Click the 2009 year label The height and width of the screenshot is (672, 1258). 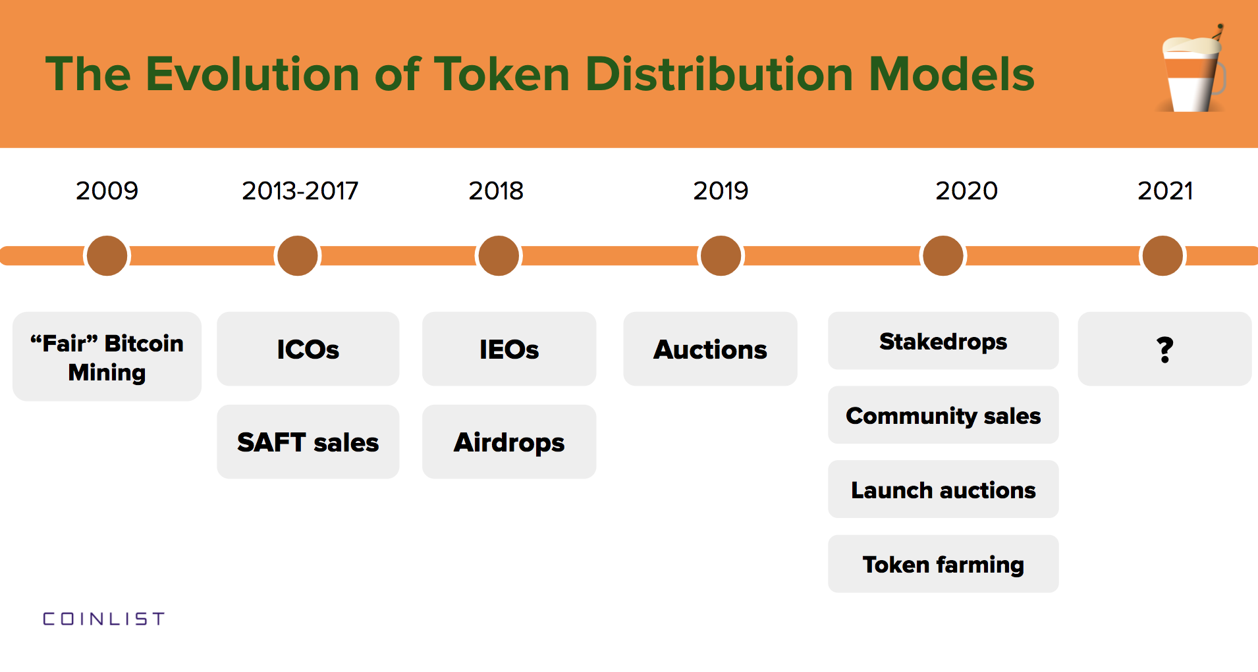pyautogui.click(x=107, y=191)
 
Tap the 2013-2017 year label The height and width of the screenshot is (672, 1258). pyautogui.click(x=300, y=191)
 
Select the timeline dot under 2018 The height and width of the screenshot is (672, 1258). pyautogui.click(x=499, y=256)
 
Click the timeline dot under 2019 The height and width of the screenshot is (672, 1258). pyautogui.click(x=721, y=256)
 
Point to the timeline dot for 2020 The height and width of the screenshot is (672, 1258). pyautogui.click(x=943, y=256)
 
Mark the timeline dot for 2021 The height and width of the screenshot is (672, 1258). pyautogui.click(x=1162, y=256)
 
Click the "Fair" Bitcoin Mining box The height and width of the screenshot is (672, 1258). pyautogui.click(x=107, y=357)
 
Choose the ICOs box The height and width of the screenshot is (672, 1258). pyautogui.click(x=308, y=349)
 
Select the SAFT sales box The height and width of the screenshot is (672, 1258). pyautogui.click(x=308, y=442)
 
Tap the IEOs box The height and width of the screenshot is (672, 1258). pyautogui.click(x=508, y=349)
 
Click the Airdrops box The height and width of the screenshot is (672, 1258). pyautogui.click(x=508, y=442)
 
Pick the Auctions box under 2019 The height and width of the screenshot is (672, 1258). pyautogui.click(x=710, y=349)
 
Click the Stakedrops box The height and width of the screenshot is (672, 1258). pyautogui.click(x=943, y=341)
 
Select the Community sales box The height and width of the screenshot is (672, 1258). pyautogui.click(x=943, y=415)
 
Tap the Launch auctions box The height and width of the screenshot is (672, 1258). pyautogui.click(x=943, y=490)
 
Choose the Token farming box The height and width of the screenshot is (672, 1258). pyautogui.click(x=943, y=564)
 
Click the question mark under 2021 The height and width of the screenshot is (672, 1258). pyautogui.click(x=1164, y=349)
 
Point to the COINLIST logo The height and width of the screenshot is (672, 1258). pyautogui.click(x=103, y=619)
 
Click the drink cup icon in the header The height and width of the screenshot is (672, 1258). pyautogui.click(x=1193, y=72)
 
